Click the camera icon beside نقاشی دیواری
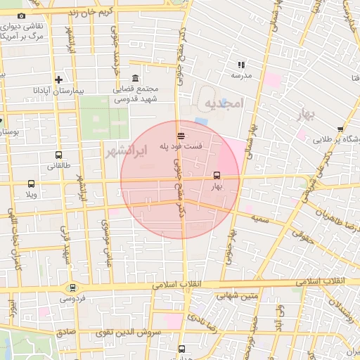21,16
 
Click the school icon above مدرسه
242,64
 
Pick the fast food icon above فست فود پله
181,136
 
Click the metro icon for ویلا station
30,184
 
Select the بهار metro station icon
216,176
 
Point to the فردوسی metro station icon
72,288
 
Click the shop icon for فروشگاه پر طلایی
340,129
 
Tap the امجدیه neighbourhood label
223,104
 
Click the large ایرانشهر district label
127,150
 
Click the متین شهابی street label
241,297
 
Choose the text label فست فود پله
181,147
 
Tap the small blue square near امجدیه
202,122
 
